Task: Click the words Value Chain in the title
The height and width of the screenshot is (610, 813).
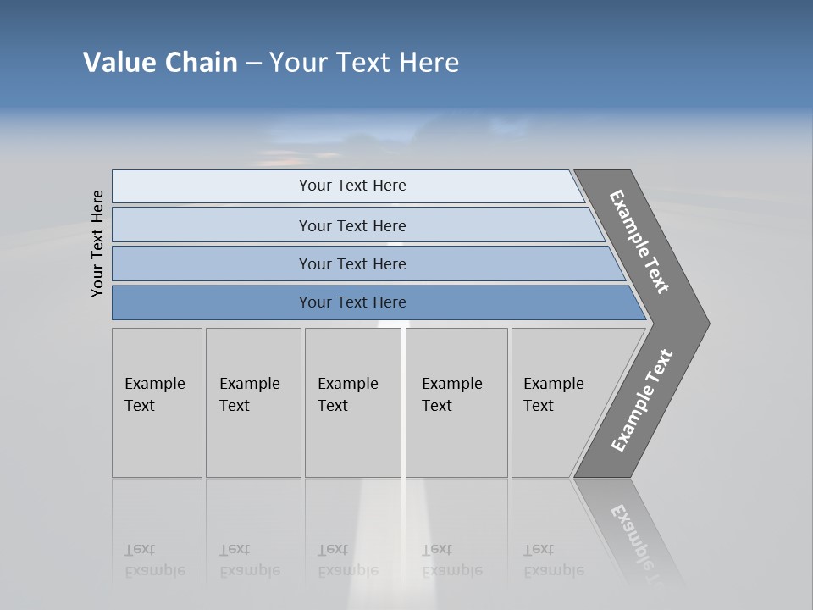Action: (x=160, y=63)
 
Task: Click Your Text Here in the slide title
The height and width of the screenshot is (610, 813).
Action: (x=364, y=63)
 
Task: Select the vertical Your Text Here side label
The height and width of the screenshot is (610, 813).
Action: (x=97, y=243)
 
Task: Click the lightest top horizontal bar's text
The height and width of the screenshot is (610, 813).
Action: (x=352, y=186)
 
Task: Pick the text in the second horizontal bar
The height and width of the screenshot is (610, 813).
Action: (x=352, y=226)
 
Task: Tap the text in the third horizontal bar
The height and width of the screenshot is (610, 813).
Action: (x=352, y=264)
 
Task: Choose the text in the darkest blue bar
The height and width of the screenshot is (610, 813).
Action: (x=352, y=302)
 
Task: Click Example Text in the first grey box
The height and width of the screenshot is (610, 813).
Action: (x=154, y=395)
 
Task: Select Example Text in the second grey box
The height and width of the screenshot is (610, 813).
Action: (x=249, y=395)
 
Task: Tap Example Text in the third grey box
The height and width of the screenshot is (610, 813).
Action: (x=347, y=395)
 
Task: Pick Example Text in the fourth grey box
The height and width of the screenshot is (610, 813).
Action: (x=451, y=395)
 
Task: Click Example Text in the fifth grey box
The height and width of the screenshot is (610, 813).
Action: (x=553, y=395)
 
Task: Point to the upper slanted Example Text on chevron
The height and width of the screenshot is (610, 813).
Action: (x=640, y=241)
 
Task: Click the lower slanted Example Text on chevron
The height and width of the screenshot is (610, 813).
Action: (x=642, y=401)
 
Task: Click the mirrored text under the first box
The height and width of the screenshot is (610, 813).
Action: (x=154, y=560)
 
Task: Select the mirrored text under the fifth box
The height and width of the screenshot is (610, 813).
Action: (x=553, y=560)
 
